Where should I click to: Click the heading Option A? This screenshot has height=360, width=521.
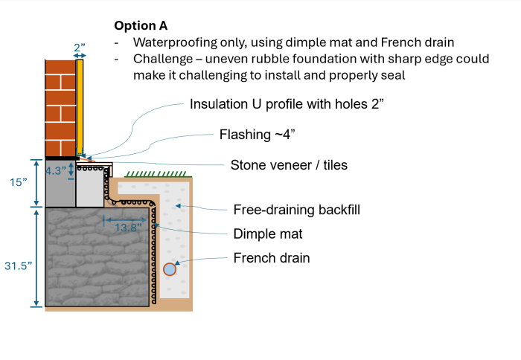coord(141,25)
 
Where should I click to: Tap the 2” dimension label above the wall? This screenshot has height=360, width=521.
coord(80,47)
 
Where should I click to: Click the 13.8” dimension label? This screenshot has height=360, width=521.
coord(127,228)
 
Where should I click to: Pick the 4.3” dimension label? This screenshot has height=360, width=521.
coord(58,170)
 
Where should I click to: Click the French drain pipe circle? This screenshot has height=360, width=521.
coord(170,269)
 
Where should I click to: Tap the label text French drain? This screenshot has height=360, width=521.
coord(272,258)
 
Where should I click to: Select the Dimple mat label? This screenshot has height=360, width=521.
coord(268,234)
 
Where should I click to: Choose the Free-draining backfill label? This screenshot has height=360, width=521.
coord(297,210)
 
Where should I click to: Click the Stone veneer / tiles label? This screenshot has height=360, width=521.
coord(289,164)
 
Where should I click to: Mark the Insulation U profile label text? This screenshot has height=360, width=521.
coord(287,103)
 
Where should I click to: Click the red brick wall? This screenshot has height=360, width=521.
coord(60,108)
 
